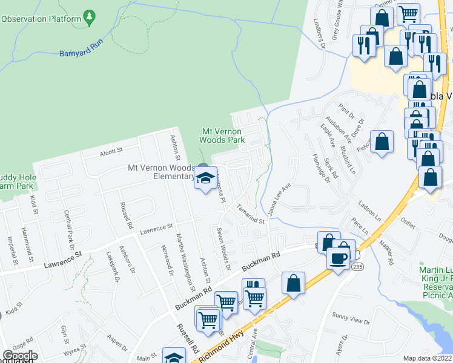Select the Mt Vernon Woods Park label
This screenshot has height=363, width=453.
pyautogui.click(x=223, y=136)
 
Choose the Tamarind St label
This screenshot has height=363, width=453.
pyautogui.click(x=251, y=214)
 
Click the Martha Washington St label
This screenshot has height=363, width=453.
pyautogui.click(x=184, y=260)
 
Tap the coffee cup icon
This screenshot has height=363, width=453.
pyautogui.click(x=337, y=259)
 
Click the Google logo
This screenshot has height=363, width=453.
pyautogui.click(x=20, y=355)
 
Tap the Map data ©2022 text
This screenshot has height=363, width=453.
pyautogui.click(x=426, y=358)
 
